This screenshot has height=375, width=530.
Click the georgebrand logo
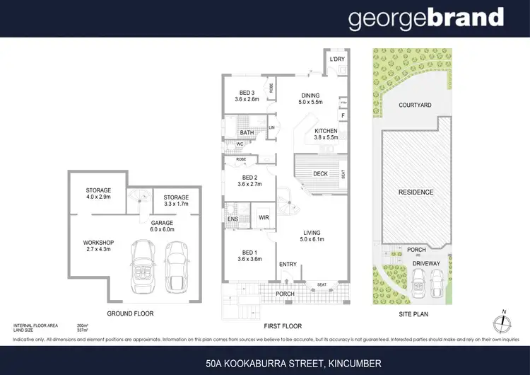coord(425,19)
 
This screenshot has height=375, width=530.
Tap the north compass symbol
coord(503,323)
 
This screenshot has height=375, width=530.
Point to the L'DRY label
coord(336,59)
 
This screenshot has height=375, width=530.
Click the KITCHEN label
coord(326,131)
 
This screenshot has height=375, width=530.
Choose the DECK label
coord(321,173)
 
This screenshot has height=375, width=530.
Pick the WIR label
coord(264,217)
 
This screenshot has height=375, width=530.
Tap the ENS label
coord(232,219)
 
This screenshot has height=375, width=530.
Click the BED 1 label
coord(247,254)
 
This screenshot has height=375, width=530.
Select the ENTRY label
coord(288,264)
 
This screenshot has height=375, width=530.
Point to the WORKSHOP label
coord(98,243)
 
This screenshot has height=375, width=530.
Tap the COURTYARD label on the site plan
coord(415,105)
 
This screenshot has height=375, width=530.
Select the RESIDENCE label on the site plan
coord(416,192)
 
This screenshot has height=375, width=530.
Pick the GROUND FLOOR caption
coord(130,313)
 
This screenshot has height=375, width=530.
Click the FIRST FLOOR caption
coord(282,326)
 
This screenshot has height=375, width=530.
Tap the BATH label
coord(247,133)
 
